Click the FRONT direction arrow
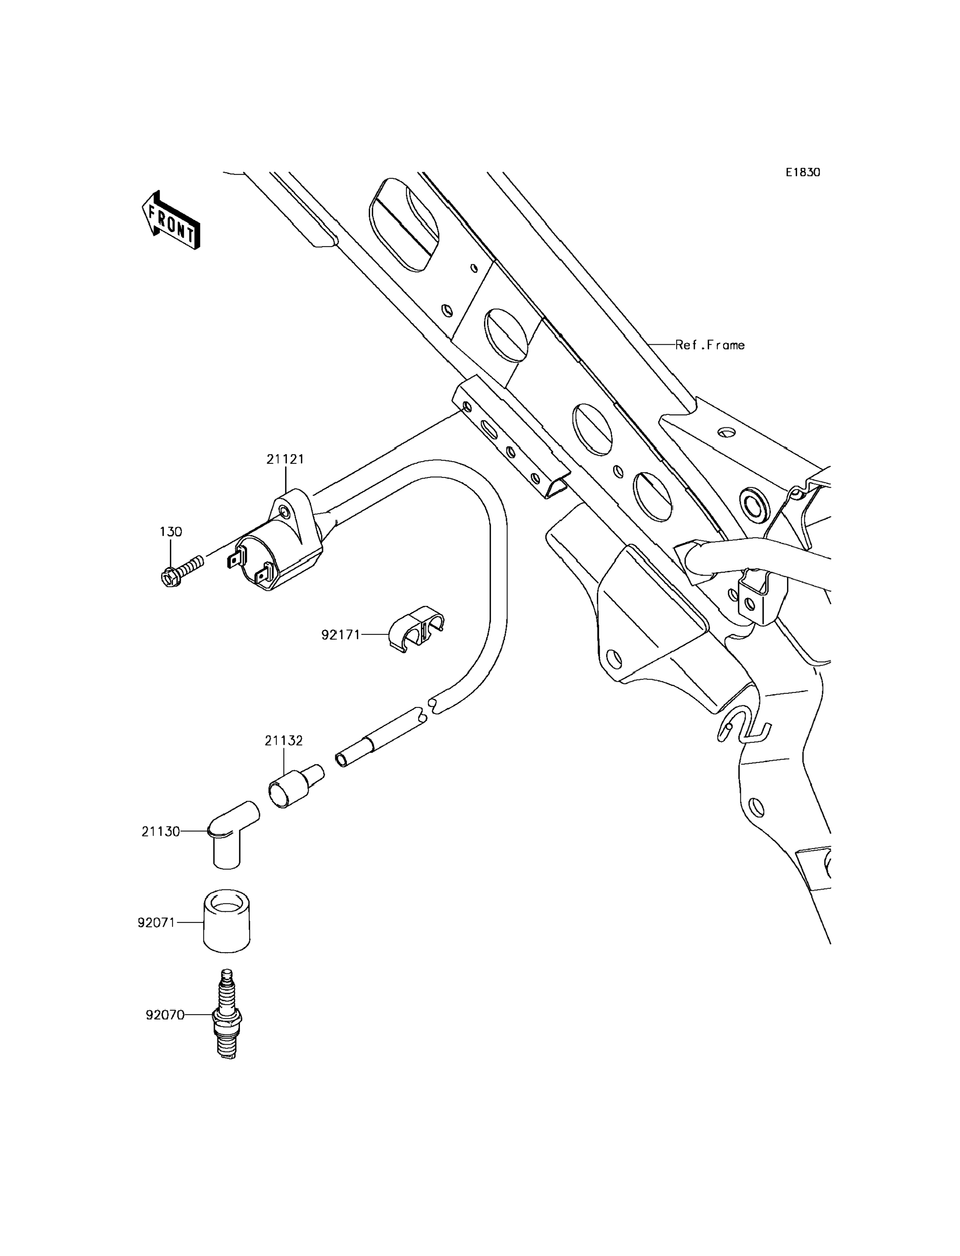(171, 220)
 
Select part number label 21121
(285, 458)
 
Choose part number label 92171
(340, 634)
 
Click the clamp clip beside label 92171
(416, 629)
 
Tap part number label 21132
(283, 740)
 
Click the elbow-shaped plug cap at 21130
(233, 834)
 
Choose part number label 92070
(165, 1015)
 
